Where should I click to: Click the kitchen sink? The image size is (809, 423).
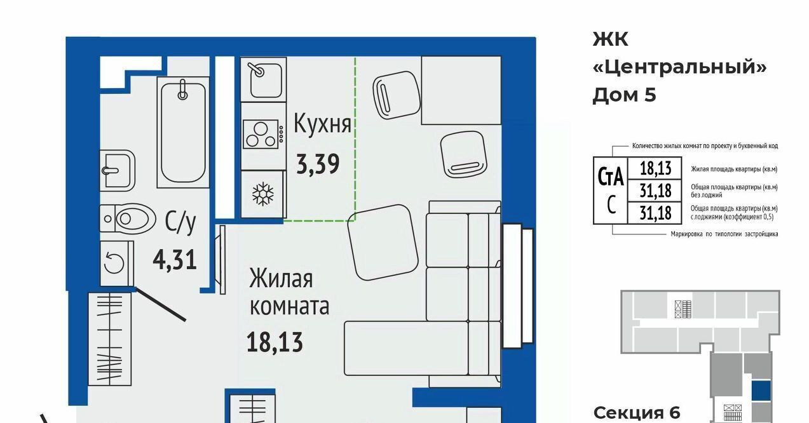click(x=264, y=79)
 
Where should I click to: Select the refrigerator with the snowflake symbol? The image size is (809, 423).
click(x=263, y=194)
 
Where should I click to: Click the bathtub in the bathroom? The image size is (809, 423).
click(x=183, y=132)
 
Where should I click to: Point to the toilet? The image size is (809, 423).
click(x=128, y=218)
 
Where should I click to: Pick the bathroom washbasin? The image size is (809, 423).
click(x=117, y=170)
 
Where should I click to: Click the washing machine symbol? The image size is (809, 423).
click(x=117, y=264)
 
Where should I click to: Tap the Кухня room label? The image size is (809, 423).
click(x=322, y=124)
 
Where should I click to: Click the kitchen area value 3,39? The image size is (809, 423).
click(x=318, y=164)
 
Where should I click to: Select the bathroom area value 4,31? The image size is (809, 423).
click(x=175, y=260)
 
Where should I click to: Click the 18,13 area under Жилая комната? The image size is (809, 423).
click(x=275, y=342)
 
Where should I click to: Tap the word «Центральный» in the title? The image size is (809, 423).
click(x=679, y=67)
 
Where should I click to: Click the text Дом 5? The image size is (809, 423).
click(x=624, y=95)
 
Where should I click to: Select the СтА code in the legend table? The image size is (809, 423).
click(x=611, y=177)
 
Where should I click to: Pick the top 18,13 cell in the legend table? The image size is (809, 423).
click(x=655, y=168)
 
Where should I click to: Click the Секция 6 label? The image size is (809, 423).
click(x=637, y=413)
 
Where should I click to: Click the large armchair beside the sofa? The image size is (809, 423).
click(x=383, y=243)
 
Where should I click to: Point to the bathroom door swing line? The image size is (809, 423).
click(x=161, y=304)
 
